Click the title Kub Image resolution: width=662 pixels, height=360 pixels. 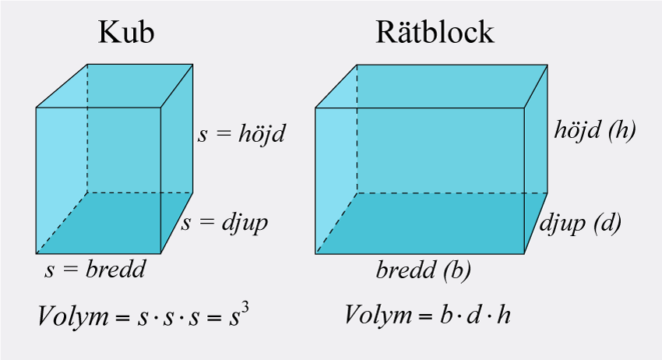coord(126,33)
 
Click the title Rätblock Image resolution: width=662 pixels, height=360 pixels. coord(435,33)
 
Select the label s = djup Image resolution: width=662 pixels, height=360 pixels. coord(225,223)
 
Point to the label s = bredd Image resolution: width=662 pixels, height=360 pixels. coord(96,270)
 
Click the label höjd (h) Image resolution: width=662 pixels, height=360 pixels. coord(595,129)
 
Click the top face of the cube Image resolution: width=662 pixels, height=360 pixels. coord(114,86)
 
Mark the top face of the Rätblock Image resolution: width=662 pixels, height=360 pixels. coord(431,86)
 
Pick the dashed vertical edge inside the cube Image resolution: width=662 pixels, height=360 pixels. coord(87,129)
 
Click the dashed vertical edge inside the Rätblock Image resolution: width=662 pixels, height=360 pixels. coord(357,129)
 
